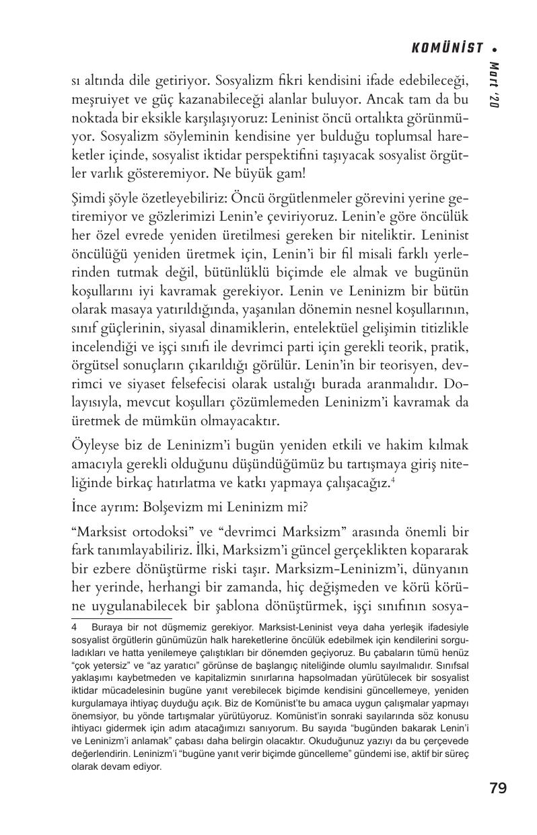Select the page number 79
(498, 789)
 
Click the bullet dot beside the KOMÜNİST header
(495, 48)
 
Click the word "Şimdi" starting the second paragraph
(87, 200)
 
